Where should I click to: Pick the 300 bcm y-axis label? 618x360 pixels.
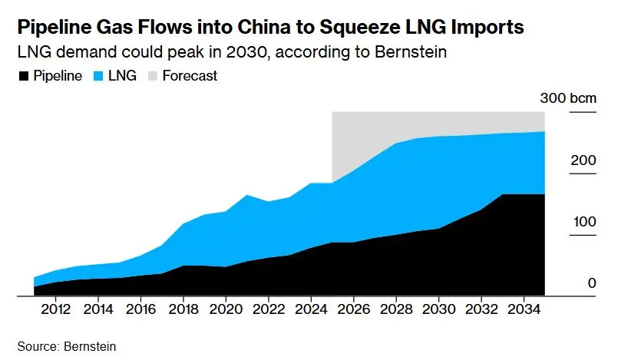tap(567, 98)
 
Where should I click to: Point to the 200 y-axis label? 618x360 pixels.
tap(583, 160)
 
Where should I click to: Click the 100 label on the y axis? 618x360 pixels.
tap(583, 222)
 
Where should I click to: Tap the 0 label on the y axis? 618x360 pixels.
tap(591, 283)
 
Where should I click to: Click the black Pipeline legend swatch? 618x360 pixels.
tap(23, 76)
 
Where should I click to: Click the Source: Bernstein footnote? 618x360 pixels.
tap(67, 347)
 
